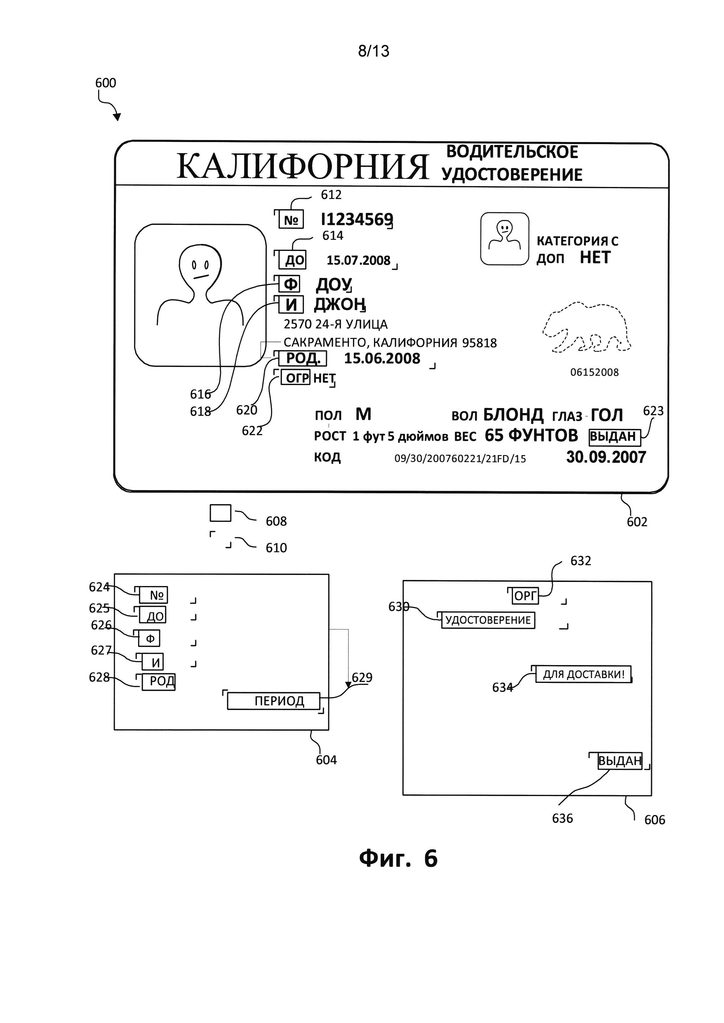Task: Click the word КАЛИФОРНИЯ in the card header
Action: coord(302,166)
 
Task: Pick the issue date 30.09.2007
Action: coord(606,457)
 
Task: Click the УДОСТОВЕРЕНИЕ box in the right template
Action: coord(488,620)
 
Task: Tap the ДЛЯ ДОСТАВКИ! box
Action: coord(583,674)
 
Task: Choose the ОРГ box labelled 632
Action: coord(525,596)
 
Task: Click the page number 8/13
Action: coord(374,51)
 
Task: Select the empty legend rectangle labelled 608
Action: coord(220,513)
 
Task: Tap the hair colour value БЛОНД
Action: coord(513,415)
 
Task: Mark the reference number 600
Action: coord(106,83)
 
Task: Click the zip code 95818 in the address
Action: coord(479,343)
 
